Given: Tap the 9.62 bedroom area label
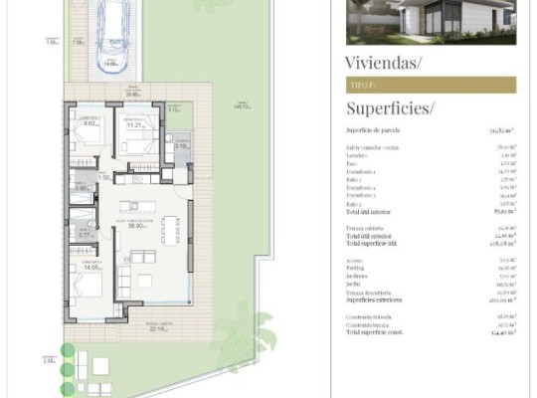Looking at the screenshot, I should pyautogui.click(x=89, y=124).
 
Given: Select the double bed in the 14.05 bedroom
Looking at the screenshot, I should pyautogui.click(x=86, y=289).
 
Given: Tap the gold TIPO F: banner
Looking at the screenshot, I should pyautogui.click(x=431, y=86).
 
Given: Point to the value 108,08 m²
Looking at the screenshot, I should pyautogui.click(x=501, y=243).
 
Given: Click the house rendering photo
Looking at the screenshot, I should pyautogui.click(x=431, y=22).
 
